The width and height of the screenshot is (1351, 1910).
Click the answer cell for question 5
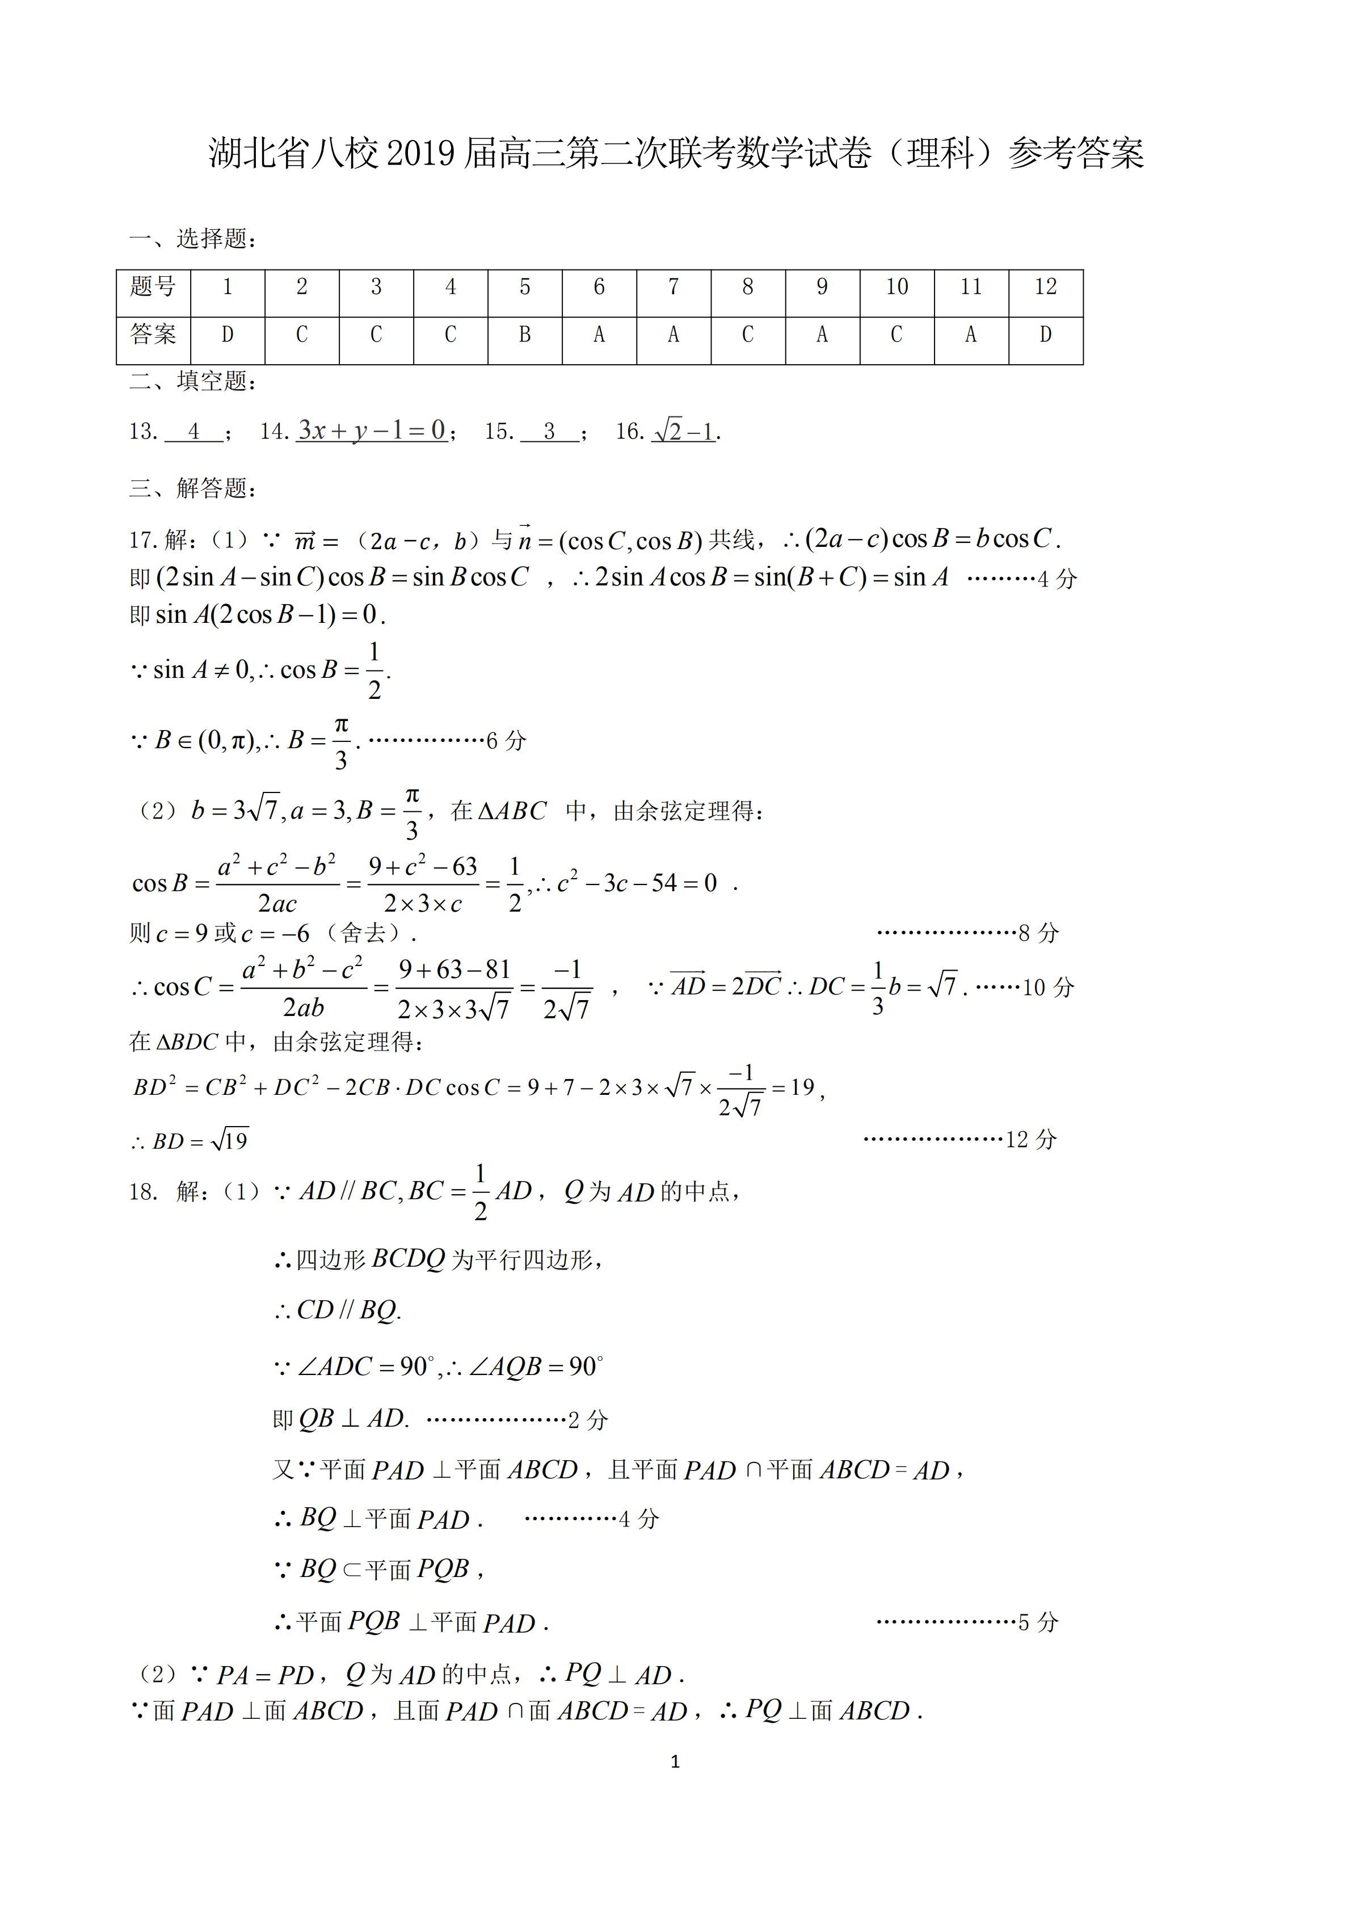click(524, 335)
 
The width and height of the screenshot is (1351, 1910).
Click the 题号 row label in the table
click(153, 288)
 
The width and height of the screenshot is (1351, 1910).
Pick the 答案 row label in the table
click(153, 335)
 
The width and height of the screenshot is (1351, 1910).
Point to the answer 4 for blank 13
click(194, 432)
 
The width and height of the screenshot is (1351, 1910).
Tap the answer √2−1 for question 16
click(684, 431)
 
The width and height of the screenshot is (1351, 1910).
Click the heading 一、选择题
click(193, 239)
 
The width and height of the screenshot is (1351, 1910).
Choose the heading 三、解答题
click(193, 488)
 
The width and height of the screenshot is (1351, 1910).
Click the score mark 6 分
click(506, 740)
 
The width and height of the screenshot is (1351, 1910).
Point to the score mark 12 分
click(1031, 1139)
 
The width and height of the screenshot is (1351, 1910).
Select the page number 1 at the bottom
click(675, 1761)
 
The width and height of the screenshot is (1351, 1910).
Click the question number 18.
click(143, 1192)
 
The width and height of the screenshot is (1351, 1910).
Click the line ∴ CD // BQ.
click(338, 1310)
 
